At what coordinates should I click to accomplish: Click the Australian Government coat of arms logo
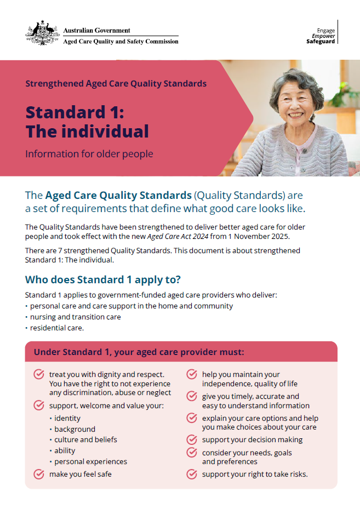click(42, 32)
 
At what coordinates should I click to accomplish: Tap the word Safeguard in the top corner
click(321, 42)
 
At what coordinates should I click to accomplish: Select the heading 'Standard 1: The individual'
click(87, 122)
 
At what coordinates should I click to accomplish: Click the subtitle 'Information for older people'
click(89, 154)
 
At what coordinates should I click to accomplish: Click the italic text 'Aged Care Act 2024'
click(178, 236)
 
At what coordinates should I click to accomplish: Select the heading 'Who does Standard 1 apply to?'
click(103, 280)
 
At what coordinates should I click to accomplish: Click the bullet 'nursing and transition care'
click(75, 317)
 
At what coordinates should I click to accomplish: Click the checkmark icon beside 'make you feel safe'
click(39, 474)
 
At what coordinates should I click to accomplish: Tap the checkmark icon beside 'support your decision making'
click(192, 439)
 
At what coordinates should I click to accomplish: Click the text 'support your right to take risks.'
click(255, 474)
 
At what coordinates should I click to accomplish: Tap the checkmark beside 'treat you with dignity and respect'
click(39, 374)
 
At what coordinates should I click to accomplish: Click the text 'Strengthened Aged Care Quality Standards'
click(116, 84)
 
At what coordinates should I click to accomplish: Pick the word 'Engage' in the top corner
click(326, 31)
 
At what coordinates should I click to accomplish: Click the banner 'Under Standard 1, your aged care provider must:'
click(181, 352)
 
